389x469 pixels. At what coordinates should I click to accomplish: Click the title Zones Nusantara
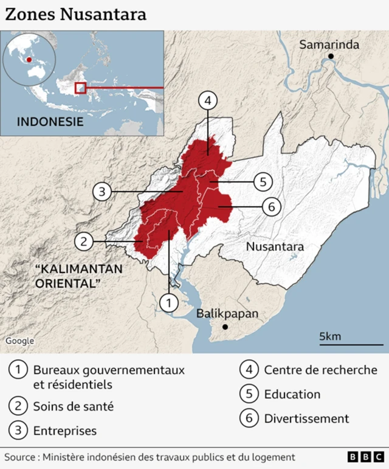(x=76, y=15)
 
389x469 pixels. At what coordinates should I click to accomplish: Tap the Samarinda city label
(x=329, y=44)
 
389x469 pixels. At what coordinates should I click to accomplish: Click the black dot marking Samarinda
(x=331, y=57)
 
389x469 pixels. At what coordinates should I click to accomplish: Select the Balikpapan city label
(x=227, y=314)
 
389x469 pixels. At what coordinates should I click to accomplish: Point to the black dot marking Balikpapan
(x=225, y=327)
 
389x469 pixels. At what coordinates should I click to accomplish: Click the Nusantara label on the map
(x=275, y=246)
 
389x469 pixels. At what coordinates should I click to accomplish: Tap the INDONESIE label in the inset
(x=50, y=121)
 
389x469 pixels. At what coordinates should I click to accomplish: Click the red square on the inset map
(x=80, y=88)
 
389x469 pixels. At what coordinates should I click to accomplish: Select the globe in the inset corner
(x=29, y=61)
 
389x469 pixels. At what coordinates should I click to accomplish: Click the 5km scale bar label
(x=330, y=336)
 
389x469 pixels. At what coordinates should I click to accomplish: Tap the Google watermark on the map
(x=20, y=341)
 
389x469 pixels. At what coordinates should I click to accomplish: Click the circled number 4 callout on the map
(x=208, y=101)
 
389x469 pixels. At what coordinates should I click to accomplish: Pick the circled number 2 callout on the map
(x=84, y=241)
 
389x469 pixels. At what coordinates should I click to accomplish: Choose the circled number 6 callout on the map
(x=271, y=207)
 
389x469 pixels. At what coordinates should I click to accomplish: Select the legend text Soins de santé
(x=73, y=406)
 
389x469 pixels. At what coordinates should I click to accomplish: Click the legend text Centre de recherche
(x=320, y=370)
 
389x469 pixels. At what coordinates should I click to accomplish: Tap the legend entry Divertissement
(x=306, y=419)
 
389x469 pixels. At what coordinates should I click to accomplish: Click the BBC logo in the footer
(x=366, y=457)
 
